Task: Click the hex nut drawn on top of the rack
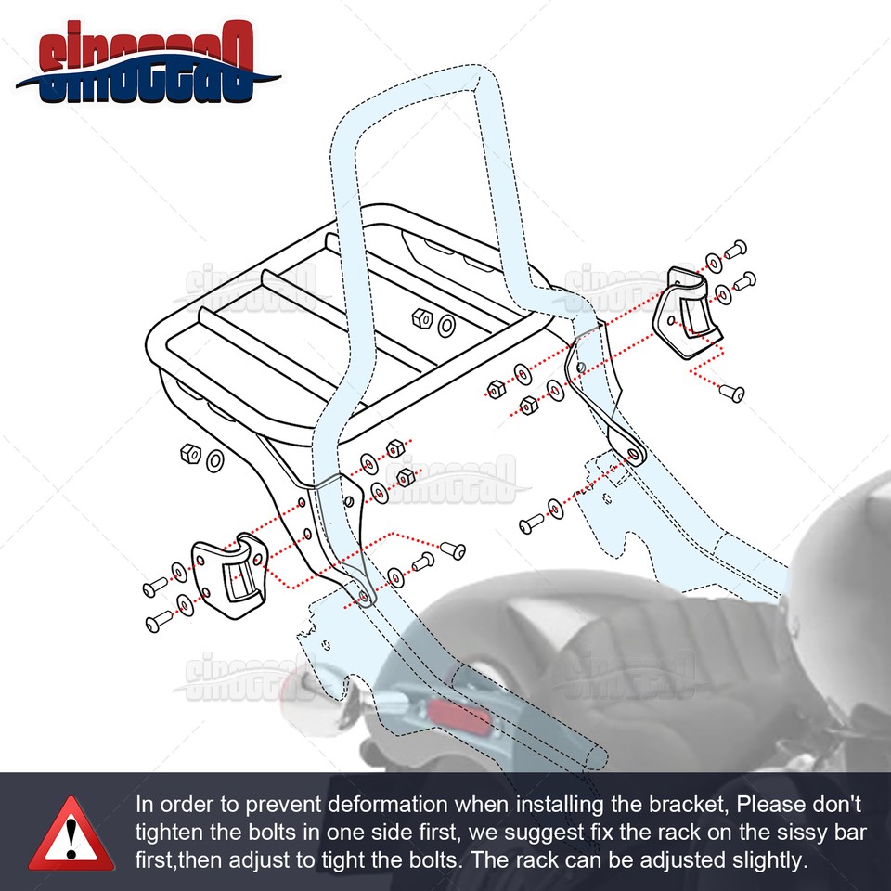coord(420,318)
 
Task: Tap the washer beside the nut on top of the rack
coord(446,326)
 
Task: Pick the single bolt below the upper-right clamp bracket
coord(732,393)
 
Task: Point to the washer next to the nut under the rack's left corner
coord(213,459)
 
